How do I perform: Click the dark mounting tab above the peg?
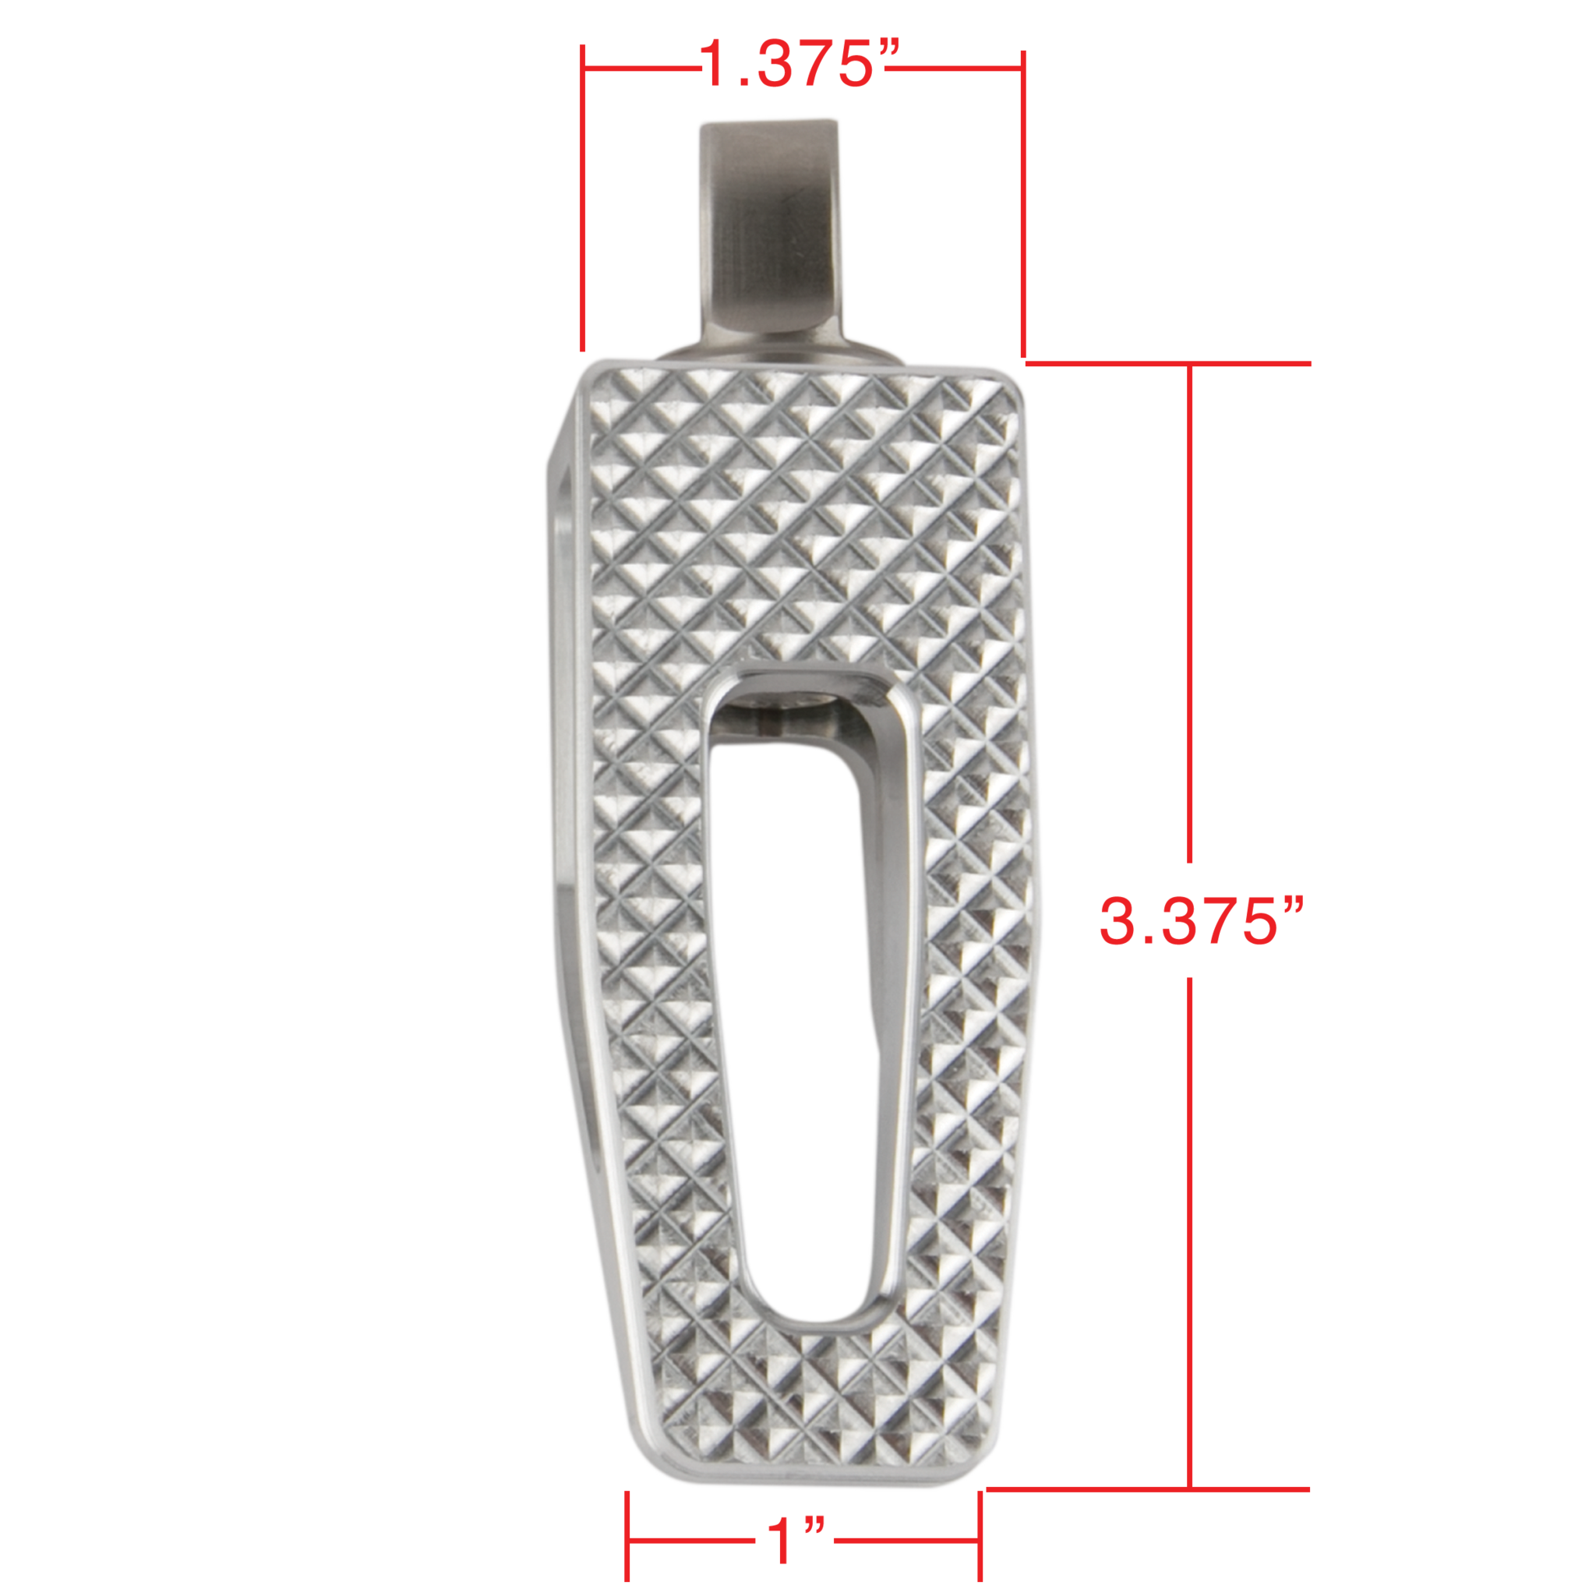pyautogui.click(x=770, y=231)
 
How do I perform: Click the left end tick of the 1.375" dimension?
pyautogui.click(x=583, y=198)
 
